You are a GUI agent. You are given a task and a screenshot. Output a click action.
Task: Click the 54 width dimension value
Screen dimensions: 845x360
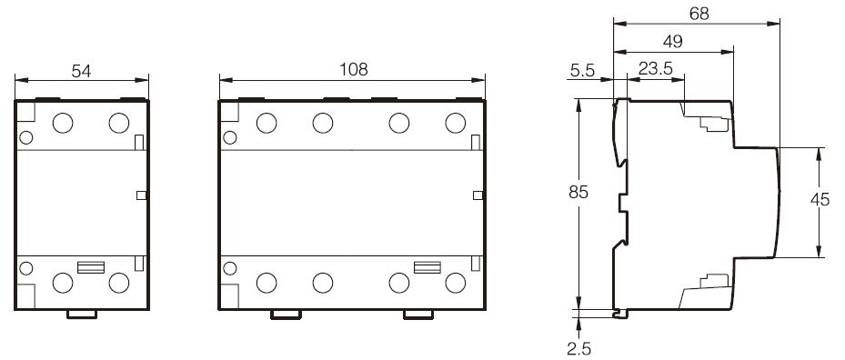pos(81,71)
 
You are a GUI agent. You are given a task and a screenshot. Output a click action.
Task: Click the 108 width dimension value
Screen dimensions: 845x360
pos(353,69)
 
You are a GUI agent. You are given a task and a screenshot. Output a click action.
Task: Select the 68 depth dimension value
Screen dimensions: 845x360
pos(699,14)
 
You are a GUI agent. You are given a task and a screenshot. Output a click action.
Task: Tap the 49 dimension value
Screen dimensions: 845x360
pos(673,42)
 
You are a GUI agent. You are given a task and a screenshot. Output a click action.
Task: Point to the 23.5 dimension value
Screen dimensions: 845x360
pos(655,68)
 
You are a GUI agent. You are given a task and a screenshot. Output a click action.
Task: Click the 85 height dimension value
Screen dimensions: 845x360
pos(578,192)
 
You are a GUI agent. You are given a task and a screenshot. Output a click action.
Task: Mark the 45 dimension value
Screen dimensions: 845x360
pos(820,199)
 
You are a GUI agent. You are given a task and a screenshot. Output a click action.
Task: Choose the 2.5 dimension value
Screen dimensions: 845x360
pos(578,349)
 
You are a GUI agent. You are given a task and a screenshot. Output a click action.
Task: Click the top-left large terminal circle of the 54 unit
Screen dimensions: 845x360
pos(63,123)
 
